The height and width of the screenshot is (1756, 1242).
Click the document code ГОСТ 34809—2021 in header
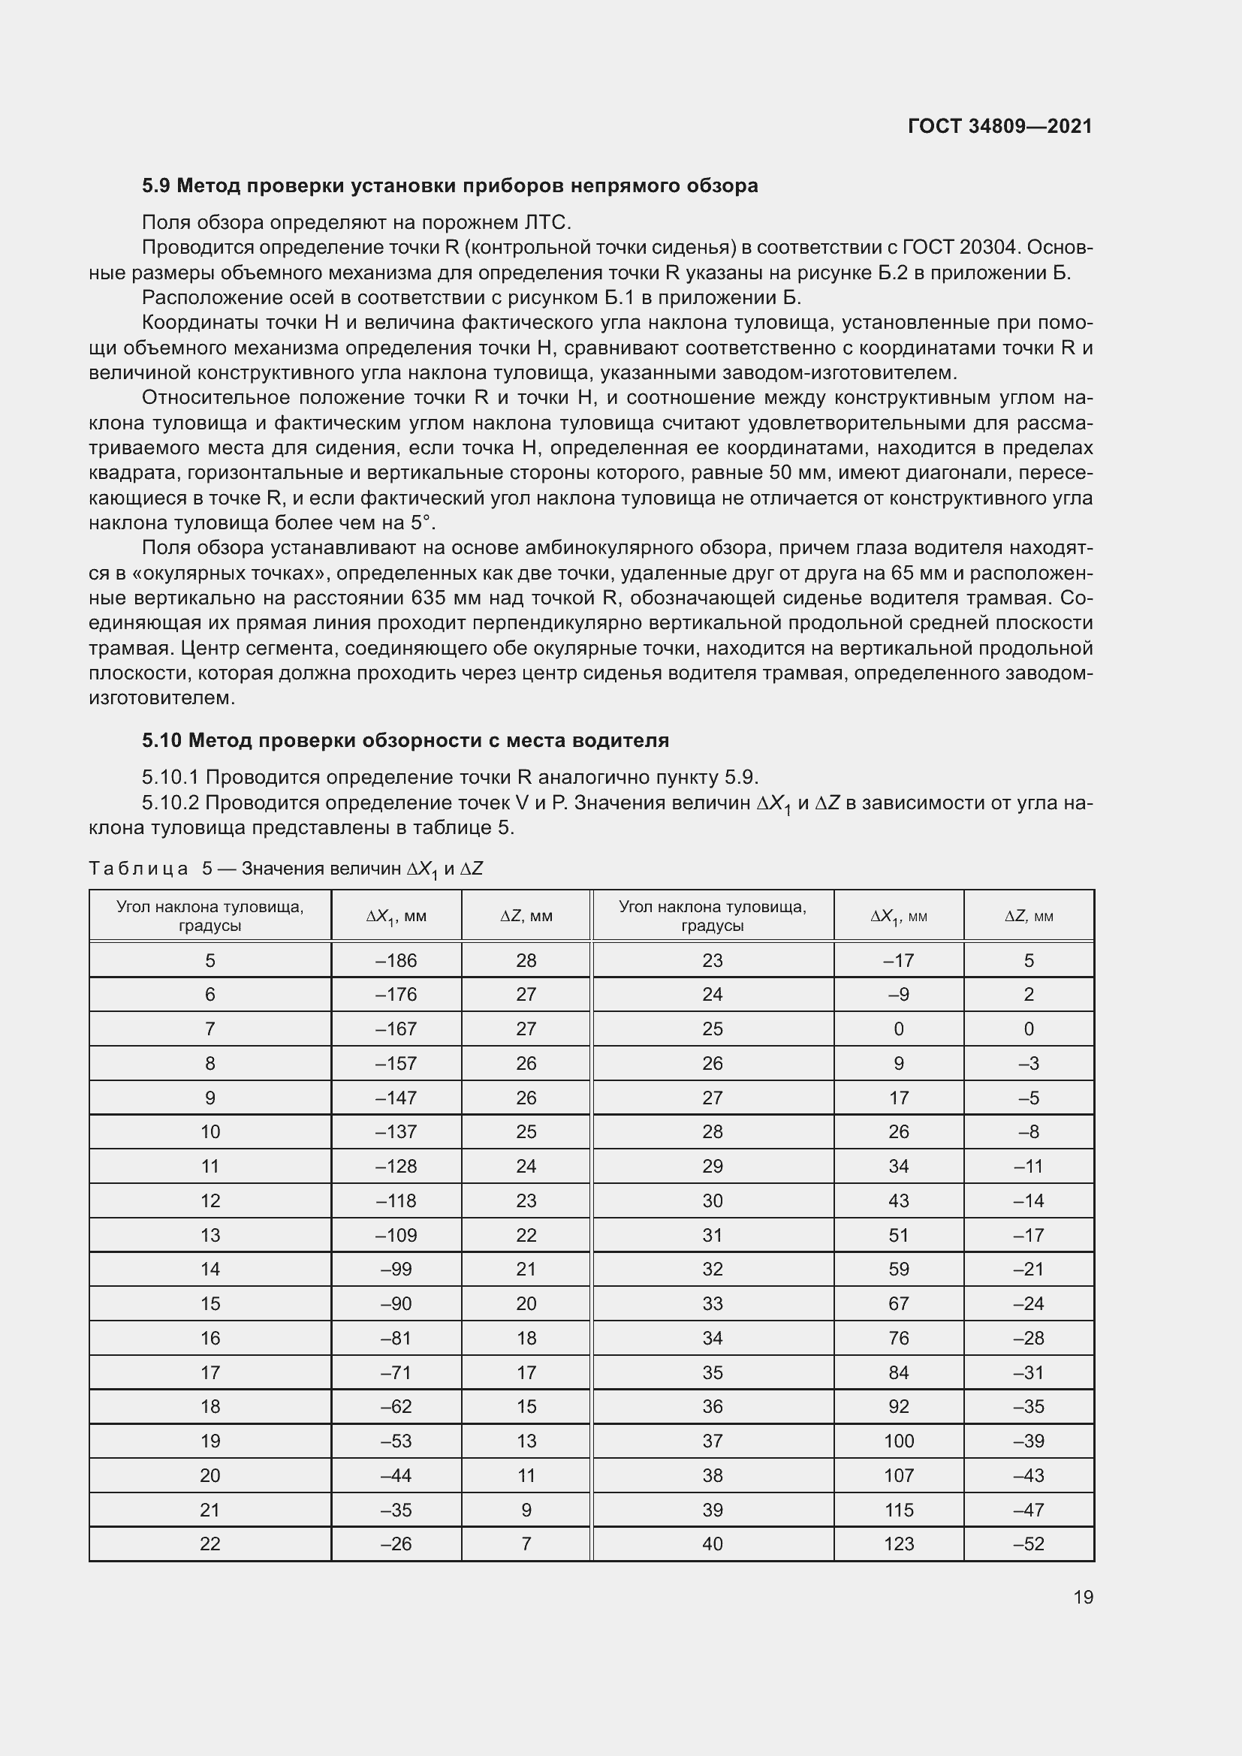999,126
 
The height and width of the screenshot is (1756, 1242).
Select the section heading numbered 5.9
450,186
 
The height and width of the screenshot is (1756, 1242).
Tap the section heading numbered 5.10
405,740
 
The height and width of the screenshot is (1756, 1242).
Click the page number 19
1083,1597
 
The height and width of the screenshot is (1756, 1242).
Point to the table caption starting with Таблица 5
286,869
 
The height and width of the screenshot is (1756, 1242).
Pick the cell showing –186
396,961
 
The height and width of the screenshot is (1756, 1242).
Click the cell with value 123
899,1544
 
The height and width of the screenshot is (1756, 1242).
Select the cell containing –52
1029,1544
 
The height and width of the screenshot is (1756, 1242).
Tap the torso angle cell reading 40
712,1544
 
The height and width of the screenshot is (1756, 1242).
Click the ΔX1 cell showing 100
899,1441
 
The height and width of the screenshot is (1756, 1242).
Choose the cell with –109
396,1235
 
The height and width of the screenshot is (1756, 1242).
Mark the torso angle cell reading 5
210,961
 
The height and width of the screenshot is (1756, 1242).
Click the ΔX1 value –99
396,1270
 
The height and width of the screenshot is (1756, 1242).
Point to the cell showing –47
1029,1511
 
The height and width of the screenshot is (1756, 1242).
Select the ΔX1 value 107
899,1476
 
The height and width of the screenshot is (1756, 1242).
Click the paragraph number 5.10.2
170,803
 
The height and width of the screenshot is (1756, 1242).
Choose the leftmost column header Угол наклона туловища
210,915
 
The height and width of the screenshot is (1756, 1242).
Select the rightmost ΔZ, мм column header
1029,916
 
